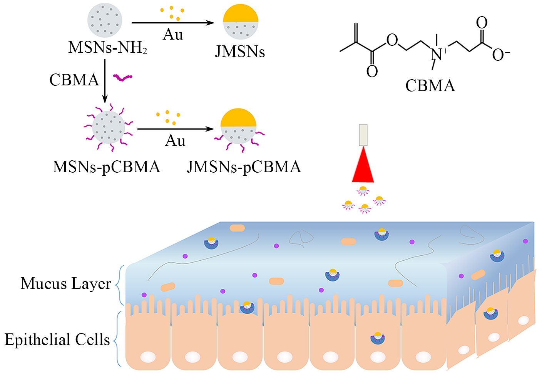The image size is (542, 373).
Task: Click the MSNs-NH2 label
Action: tap(107, 48)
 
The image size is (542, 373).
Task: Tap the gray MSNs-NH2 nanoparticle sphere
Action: tap(105, 20)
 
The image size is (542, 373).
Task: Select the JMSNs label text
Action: tap(240, 51)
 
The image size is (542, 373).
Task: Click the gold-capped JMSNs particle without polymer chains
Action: tap(241, 22)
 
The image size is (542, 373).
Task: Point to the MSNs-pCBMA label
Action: tap(106, 167)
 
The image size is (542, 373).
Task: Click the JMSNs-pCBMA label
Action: tap(244, 167)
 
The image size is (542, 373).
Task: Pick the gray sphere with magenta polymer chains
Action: tap(109, 127)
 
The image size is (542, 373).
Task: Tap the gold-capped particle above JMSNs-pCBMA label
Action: tap(238, 127)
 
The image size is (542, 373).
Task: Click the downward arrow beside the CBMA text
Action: tap(105, 81)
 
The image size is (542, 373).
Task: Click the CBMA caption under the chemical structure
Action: tap(430, 85)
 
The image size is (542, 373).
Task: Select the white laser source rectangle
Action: tap(363, 135)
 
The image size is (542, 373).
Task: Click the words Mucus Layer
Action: tap(66, 284)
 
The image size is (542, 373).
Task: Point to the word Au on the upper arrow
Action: tap(173, 35)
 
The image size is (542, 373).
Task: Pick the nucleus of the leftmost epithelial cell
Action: tap(148, 356)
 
